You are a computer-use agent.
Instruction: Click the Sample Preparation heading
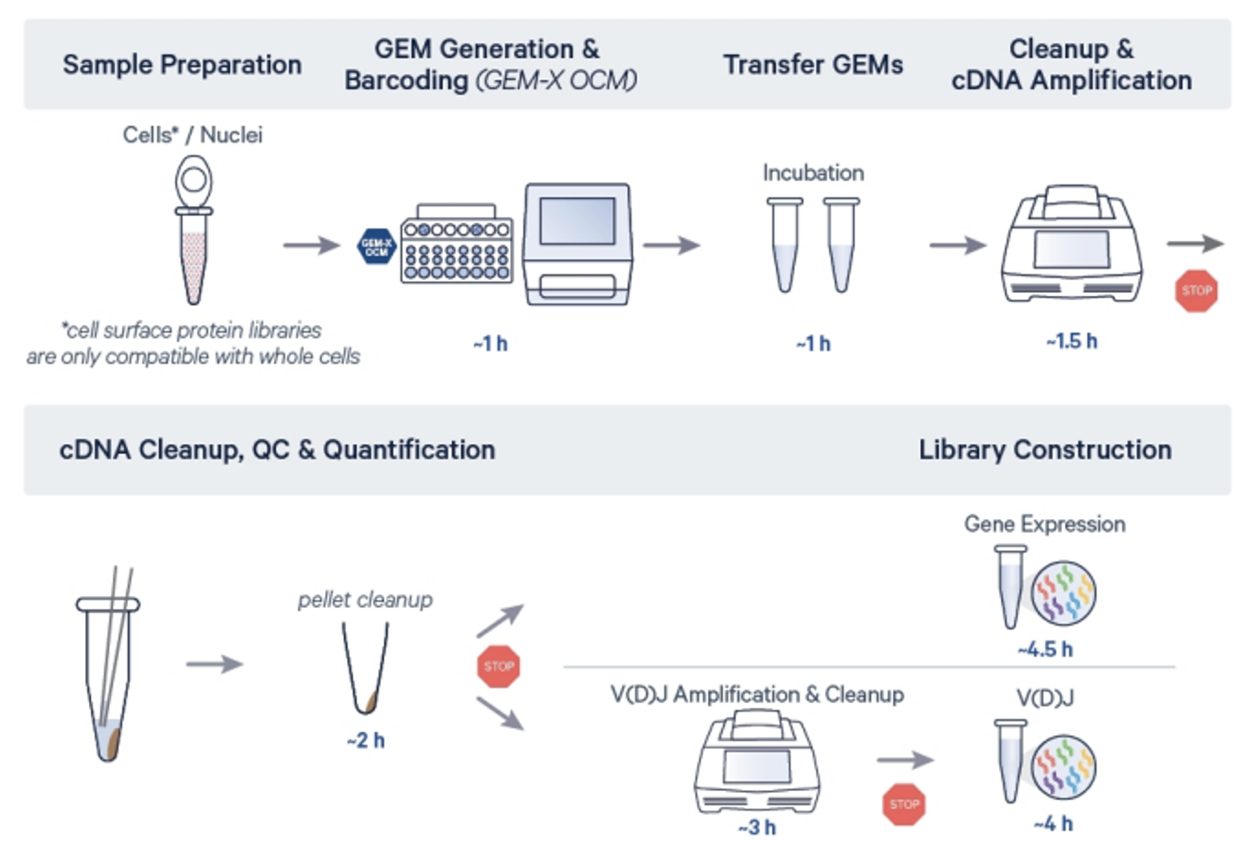(x=182, y=64)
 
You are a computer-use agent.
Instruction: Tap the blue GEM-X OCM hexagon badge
(x=376, y=247)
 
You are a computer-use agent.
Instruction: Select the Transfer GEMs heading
(x=813, y=64)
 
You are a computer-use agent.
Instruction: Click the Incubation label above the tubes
(x=813, y=173)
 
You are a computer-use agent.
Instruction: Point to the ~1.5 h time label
(x=1071, y=341)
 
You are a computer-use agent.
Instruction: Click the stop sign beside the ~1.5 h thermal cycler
(x=1196, y=291)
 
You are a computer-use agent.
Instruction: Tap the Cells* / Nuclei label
(x=193, y=135)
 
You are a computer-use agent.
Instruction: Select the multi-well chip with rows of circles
(x=457, y=250)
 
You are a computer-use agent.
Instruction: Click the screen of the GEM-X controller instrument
(x=577, y=221)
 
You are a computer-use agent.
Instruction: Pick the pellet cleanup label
(x=364, y=600)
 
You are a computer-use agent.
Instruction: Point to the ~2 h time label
(x=365, y=740)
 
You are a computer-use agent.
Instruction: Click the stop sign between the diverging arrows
(x=499, y=666)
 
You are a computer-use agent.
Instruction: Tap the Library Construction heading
(x=1044, y=450)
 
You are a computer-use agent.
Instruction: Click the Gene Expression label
(x=1044, y=524)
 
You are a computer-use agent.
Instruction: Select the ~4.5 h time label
(x=1045, y=649)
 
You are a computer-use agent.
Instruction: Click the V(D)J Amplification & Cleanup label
(x=757, y=694)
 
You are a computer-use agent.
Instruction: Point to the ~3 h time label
(x=757, y=827)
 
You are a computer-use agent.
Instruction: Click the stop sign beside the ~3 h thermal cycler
(x=904, y=804)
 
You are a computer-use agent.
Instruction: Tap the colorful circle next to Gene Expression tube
(x=1063, y=593)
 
